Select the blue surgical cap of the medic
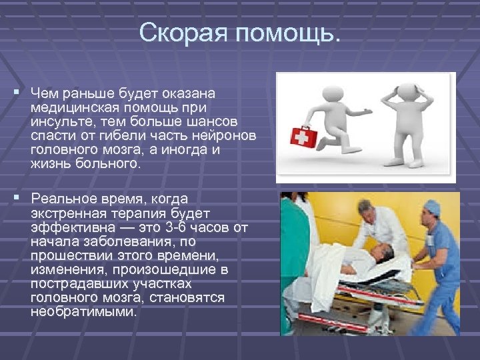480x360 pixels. pyautogui.click(x=432, y=207)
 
